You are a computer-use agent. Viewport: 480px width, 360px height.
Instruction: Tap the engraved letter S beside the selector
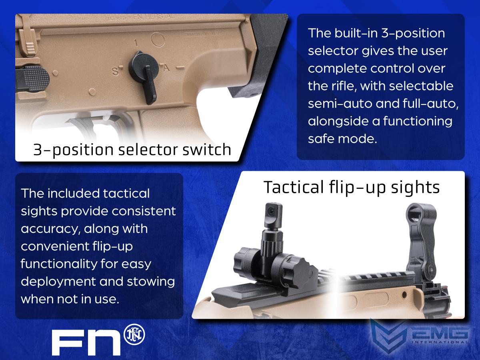pyautogui.click(x=115, y=71)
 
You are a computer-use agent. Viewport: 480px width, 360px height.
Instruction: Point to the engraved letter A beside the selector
pyautogui.click(x=166, y=68)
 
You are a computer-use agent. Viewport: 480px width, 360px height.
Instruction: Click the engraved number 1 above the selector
pyautogui.click(x=136, y=43)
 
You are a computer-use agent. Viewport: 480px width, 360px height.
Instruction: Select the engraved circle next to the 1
pyautogui.click(x=158, y=39)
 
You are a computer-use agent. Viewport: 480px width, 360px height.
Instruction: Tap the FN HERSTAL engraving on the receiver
pyautogui.click(x=154, y=17)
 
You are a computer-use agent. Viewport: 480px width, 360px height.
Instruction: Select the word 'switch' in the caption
pyautogui.click(x=207, y=150)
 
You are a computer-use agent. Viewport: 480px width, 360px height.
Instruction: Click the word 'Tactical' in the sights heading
pyautogui.click(x=294, y=187)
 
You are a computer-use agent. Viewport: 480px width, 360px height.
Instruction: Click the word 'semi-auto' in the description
pyautogui.click(x=340, y=104)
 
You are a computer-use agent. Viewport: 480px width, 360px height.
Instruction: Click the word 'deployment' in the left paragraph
pyautogui.click(x=58, y=282)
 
